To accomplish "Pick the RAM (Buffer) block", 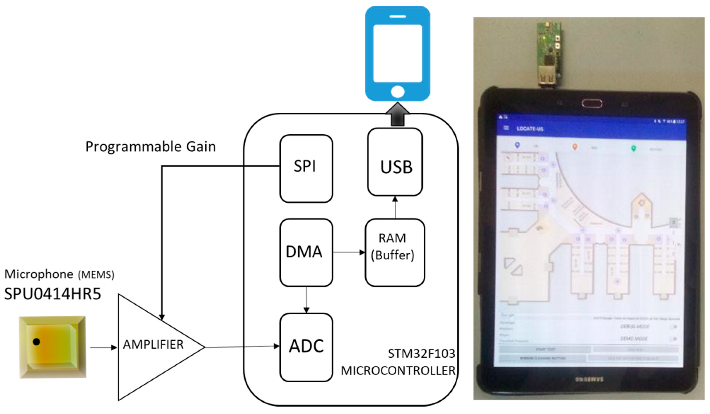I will point(394,252).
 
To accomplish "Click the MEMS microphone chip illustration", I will point(52,347).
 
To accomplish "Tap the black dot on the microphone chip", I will point(36,342).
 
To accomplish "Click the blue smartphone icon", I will point(398,54).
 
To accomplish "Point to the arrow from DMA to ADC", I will point(306,300).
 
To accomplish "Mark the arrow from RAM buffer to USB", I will point(395,207).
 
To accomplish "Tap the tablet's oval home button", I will point(592,104).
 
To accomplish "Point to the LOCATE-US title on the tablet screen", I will point(530,129).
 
